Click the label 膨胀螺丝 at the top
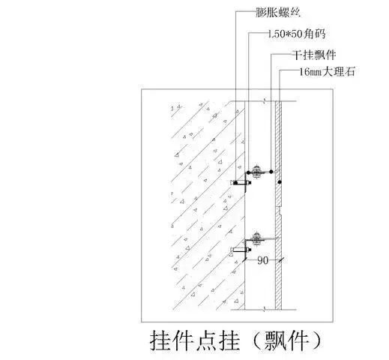(x=278, y=13)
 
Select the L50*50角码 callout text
(x=297, y=34)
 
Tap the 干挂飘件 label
(x=315, y=55)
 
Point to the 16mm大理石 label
(x=327, y=72)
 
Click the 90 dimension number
(x=263, y=261)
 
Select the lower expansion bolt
(x=241, y=250)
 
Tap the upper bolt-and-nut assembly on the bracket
(x=256, y=172)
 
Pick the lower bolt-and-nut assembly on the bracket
(x=256, y=239)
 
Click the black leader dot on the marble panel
(x=280, y=182)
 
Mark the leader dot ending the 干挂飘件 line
(x=271, y=172)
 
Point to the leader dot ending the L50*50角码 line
(x=248, y=172)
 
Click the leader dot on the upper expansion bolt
(x=235, y=183)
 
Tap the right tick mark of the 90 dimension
(x=281, y=260)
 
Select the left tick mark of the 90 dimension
(x=245, y=260)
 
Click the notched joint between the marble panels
(x=280, y=211)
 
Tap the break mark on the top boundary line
(x=265, y=101)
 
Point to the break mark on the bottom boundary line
(x=265, y=310)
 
